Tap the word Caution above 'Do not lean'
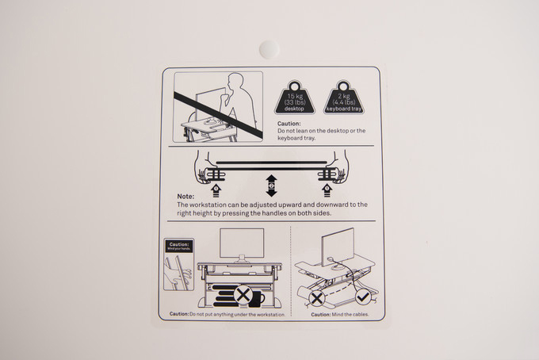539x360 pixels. (289, 124)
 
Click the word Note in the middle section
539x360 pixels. (185, 197)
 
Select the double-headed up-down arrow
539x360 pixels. (272, 186)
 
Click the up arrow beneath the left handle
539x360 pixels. (216, 190)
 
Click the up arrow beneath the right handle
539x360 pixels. (327, 190)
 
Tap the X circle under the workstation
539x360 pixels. (243, 295)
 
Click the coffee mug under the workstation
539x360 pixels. (257, 299)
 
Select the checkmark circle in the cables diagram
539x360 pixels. (363, 297)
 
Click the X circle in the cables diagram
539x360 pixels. (317, 298)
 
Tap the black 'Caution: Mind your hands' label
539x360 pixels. (179, 246)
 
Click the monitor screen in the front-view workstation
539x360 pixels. (242, 243)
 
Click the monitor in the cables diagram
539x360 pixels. (338, 247)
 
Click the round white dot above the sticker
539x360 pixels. (269, 49)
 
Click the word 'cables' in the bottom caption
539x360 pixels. (361, 314)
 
